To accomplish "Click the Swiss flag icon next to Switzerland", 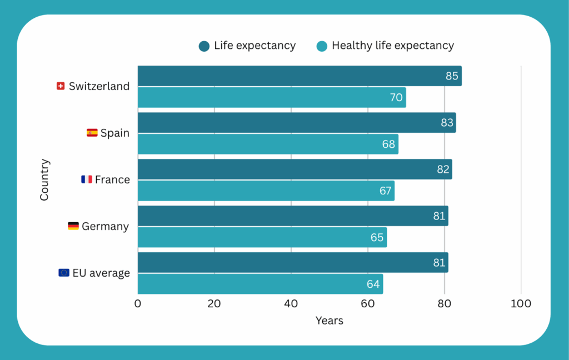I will (x=61, y=86).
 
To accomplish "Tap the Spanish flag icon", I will (x=92, y=133).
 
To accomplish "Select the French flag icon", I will (x=87, y=179).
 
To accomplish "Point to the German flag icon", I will (x=73, y=226).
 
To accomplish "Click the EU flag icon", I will (x=64, y=273).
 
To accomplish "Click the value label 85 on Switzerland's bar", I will (x=452, y=76).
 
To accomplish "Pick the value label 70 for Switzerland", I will (x=396, y=98).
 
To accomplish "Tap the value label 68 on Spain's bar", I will (x=388, y=144).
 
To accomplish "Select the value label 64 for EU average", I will (x=373, y=284).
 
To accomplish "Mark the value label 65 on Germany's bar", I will (x=377, y=238).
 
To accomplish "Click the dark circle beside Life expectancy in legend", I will (x=204, y=46).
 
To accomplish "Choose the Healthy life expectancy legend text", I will (x=393, y=46).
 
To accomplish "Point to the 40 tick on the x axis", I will (x=291, y=304).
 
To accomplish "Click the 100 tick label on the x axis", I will (x=521, y=304).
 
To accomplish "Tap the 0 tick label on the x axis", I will (x=138, y=304).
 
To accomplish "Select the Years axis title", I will (x=330, y=321).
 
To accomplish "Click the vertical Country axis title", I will (x=44, y=179).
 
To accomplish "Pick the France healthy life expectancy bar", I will (x=266, y=191).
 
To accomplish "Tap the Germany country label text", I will (x=105, y=226).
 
